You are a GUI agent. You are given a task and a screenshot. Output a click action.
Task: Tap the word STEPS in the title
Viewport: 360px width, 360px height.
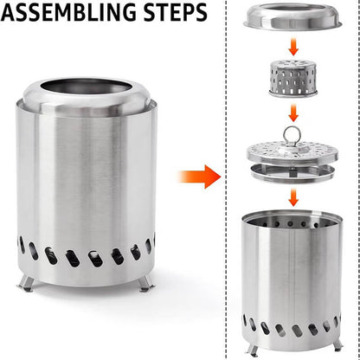(x=177, y=15)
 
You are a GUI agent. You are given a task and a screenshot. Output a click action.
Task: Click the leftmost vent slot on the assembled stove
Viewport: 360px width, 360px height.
(x=22, y=246)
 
